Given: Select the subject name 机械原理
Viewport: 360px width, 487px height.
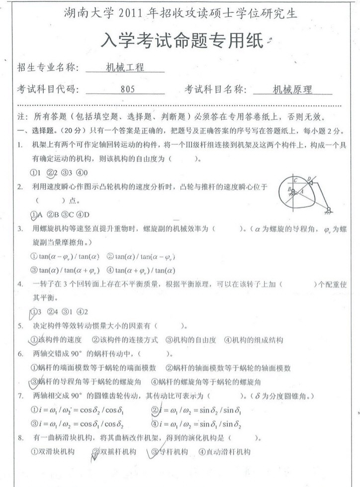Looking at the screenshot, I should click(292, 91).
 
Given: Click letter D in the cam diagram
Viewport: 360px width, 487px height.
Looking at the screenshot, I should click(308, 178).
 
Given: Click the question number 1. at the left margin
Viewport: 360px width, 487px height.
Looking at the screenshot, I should click(19, 145).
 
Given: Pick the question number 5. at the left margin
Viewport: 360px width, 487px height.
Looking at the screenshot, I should click(19, 326).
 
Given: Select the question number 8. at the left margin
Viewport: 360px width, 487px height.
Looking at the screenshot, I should click(19, 438).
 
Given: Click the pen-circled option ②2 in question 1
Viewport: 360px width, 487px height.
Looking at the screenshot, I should click(52, 173).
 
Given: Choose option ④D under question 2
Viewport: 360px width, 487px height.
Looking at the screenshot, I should click(83, 215).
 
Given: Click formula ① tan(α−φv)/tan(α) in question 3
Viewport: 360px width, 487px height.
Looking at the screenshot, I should click(65, 257).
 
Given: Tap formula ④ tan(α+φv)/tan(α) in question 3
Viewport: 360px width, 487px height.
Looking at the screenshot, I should click(141, 271).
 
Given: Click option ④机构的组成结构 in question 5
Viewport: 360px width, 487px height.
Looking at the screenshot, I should click(253, 340).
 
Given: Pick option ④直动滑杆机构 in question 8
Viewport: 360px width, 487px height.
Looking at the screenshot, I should click(224, 452).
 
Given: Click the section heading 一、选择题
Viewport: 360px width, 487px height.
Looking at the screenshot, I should click(32, 131).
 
